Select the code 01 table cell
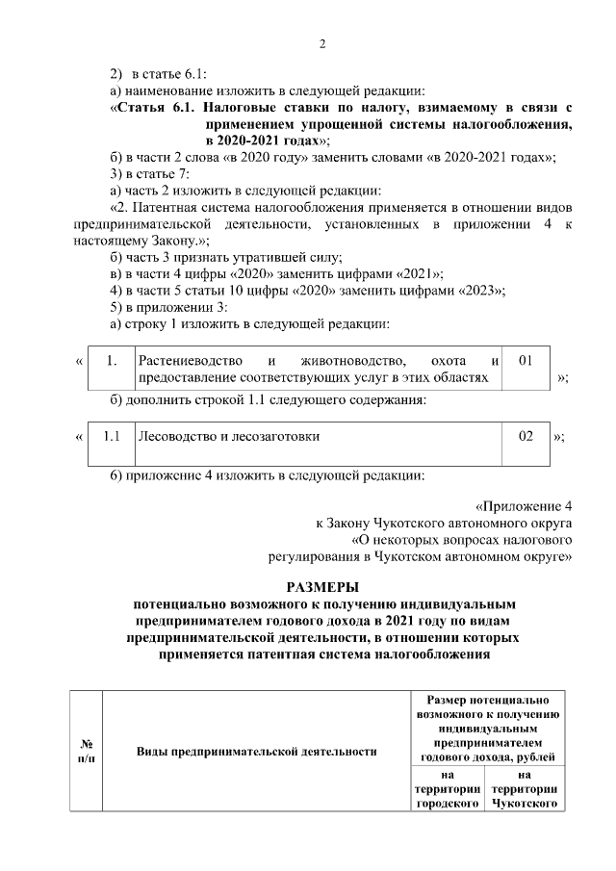[x=526, y=361]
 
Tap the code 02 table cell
[x=526, y=436]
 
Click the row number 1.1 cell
[x=111, y=436]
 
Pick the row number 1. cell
[x=111, y=361]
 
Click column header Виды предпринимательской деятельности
[x=255, y=751]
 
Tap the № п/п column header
[x=86, y=751]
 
